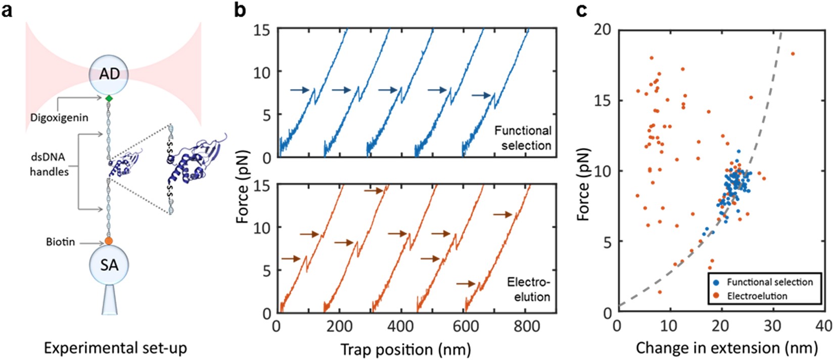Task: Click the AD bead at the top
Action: pyautogui.click(x=109, y=74)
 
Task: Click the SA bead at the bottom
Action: pyautogui.click(x=109, y=264)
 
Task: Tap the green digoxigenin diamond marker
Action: pyautogui.click(x=109, y=99)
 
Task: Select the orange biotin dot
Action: pyautogui.click(x=109, y=241)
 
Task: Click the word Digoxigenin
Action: pyautogui.click(x=59, y=118)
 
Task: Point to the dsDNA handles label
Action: pyautogui.click(x=49, y=164)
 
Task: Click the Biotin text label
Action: pyautogui.click(x=60, y=242)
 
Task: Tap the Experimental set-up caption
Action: pyautogui.click(x=115, y=348)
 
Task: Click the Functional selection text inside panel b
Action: pyautogui.click(x=523, y=138)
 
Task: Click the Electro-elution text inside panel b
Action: pyautogui.click(x=528, y=289)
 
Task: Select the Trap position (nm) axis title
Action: pyautogui.click(x=405, y=349)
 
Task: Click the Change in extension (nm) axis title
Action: pyautogui.click(x=726, y=348)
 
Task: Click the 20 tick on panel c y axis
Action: pyautogui.click(x=601, y=30)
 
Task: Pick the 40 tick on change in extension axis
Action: pyautogui.click(x=823, y=326)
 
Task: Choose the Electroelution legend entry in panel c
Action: pyautogui.click(x=757, y=296)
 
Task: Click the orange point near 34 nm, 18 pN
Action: pyautogui.click(x=793, y=54)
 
